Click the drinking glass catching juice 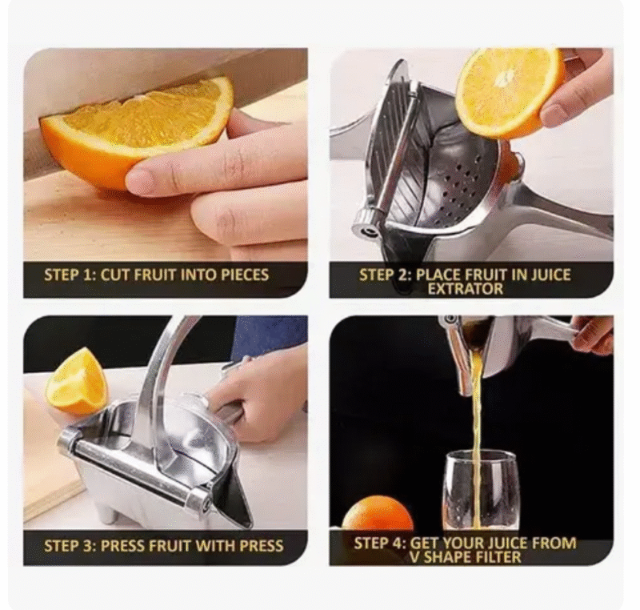481,490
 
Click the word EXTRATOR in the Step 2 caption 466,289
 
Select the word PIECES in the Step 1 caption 245,275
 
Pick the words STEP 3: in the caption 70,546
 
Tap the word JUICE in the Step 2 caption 550,275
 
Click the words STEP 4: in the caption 380,543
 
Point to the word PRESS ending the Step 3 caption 262,546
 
